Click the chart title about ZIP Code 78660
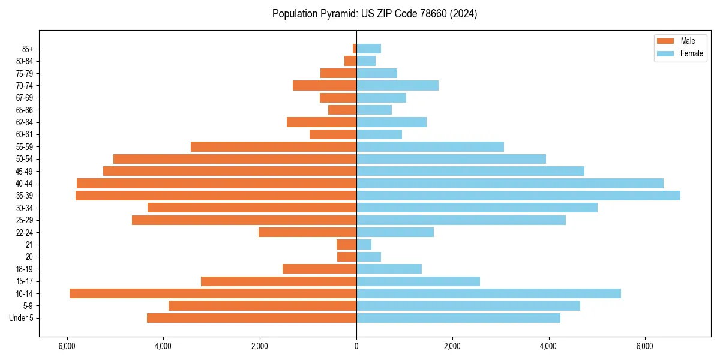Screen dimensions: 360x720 (374, 14)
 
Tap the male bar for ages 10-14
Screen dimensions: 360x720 (213, 293)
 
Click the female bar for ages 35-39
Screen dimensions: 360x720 (518, 196)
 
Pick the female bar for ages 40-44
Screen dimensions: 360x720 (510, 183)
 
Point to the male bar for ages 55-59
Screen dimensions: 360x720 (274, 146)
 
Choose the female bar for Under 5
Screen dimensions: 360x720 (458, 318)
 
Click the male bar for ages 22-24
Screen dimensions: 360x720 (307, 232)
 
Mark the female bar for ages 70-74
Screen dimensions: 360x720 (397, 85)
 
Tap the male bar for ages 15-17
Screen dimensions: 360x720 (278, 281)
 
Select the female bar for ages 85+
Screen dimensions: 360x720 (368, 49)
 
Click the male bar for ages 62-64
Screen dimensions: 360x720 (322, 122)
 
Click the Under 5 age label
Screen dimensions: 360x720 (22, 318)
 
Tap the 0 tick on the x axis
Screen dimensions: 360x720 (356, 346)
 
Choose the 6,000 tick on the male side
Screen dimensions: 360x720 (67, 346)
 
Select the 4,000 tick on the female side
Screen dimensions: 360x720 (548, 346)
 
